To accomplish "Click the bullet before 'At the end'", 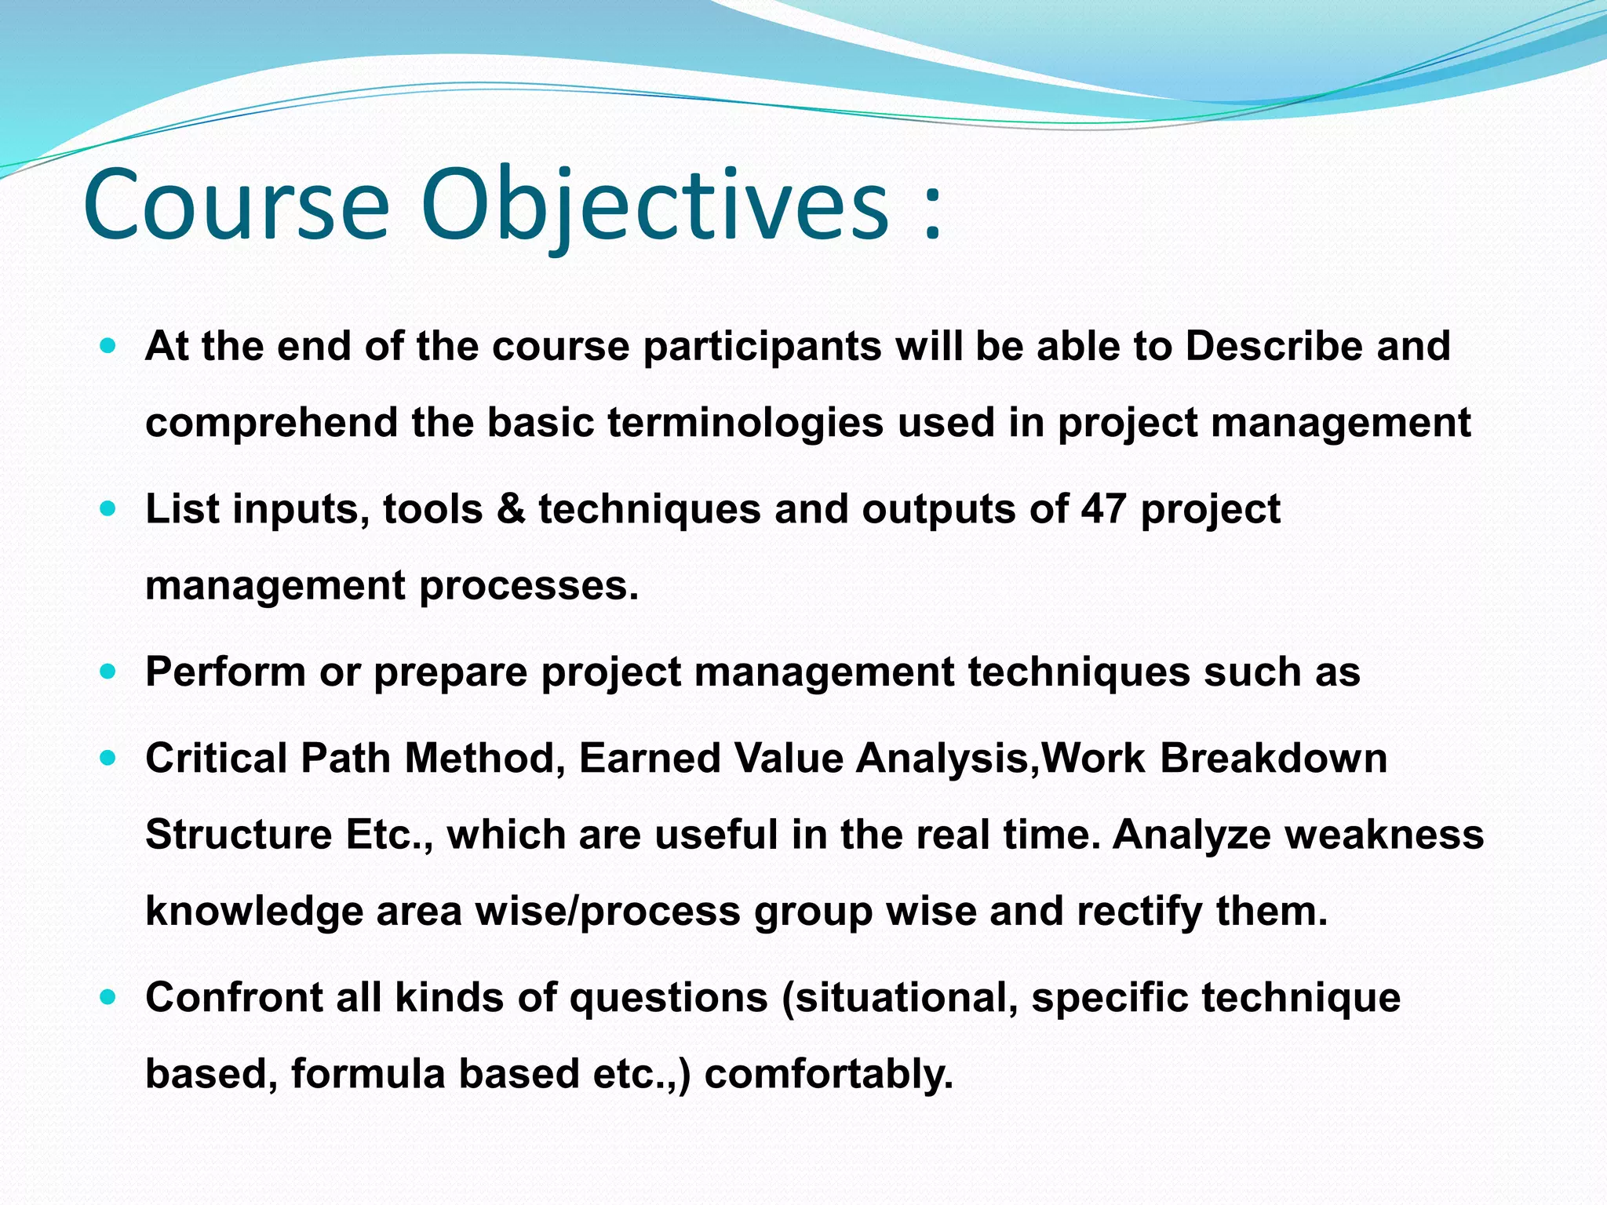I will [x=109, y=345].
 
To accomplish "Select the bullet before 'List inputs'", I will [x=109, y=508].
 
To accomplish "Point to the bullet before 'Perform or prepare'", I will [x=109, y=672].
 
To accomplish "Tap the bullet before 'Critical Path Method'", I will [x=109, y=758].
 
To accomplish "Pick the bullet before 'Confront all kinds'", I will [x=109, y=997].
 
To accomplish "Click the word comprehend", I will [x=271, y=423].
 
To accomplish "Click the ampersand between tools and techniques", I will [x=511, y=509].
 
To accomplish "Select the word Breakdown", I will [x=1274, y=759].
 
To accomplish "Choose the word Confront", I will [x=234, y=998].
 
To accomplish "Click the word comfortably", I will [x=829, y=1074].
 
